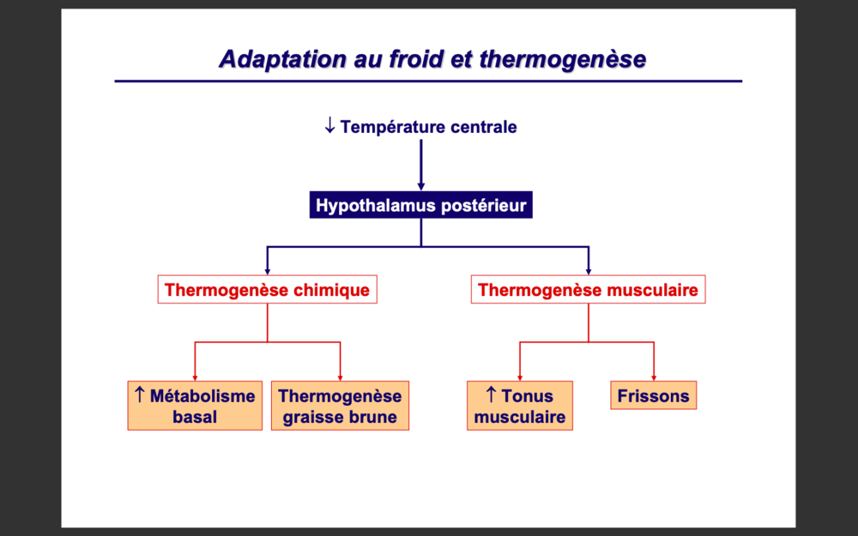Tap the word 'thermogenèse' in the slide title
click(563, 59)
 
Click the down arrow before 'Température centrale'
click(329, 126)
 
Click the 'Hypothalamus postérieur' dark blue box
click(420, 206)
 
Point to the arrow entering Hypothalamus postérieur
click(420, 183)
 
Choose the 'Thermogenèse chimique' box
click(267, 290)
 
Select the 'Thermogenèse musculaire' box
click(588, 290)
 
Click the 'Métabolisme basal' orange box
click(195, 407)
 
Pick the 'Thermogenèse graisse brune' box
click(340, 407)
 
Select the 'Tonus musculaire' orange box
click(520, 407)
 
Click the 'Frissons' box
click(653, 396)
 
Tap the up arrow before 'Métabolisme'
click(139, 394)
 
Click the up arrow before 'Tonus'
click(491, 394)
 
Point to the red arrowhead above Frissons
click(654, 376)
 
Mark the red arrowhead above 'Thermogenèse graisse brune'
click(341, 376)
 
